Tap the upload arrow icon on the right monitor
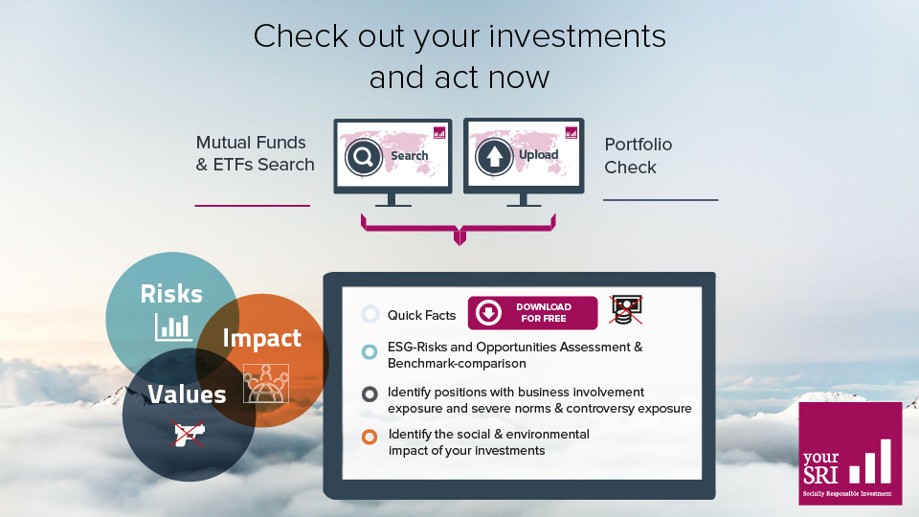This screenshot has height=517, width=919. (494, 156)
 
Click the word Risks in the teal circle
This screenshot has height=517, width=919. (171, 293)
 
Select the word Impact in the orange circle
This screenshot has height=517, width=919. (261, 338)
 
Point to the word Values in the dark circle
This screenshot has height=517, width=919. (187, 393)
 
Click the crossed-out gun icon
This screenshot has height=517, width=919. (188, 433)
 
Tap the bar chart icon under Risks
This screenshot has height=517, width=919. (173, 327)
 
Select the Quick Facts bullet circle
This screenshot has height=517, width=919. (370, 314)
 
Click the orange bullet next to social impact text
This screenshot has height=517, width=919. (370, 438)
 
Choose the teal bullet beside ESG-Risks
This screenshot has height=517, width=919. (370, 351)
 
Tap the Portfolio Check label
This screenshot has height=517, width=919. (639, 156)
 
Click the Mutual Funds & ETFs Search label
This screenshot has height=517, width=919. (255, 153)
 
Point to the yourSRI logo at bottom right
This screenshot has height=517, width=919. (850, 453)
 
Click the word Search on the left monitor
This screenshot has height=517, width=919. (410, 156)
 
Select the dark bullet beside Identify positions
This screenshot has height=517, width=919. (370, 393)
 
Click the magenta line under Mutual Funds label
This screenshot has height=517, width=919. (252, 205)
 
